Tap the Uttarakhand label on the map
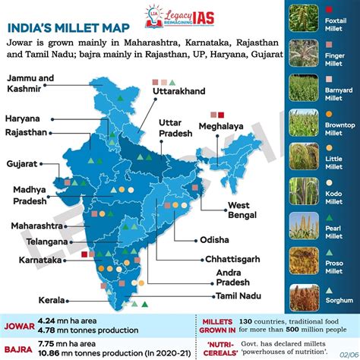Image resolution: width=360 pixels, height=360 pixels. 181,90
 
